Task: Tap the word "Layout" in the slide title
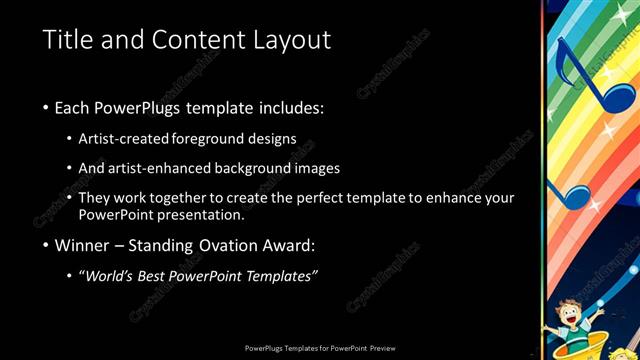click(x=291, y=40)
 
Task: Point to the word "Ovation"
click(x=251, y=245)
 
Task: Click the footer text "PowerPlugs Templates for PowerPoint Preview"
click(x=320, y=348)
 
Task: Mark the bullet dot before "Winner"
click(x=46, y=245)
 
